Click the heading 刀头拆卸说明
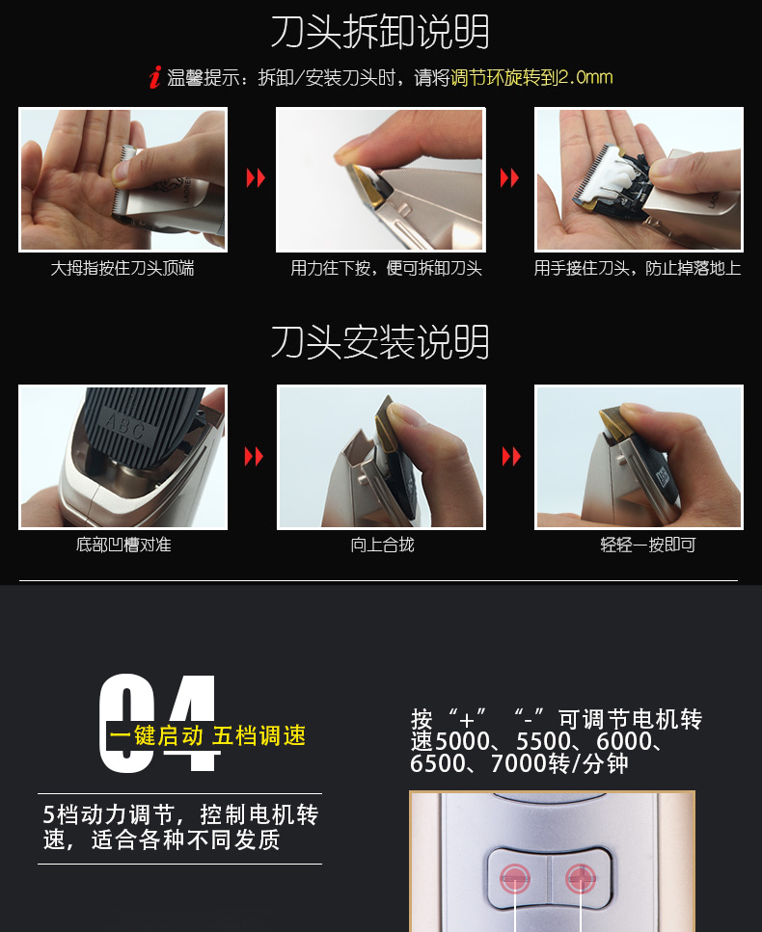(x=380, y=33)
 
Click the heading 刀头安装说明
(x=380, y=342)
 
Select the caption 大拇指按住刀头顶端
(x=122, y=269)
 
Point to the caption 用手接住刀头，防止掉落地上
(x=638, y=269)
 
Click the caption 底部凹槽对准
(x=123, y=546)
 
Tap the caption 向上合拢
(x=382, y=546)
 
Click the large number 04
(x=159, y=725)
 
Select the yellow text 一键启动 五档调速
(x=207, y=736)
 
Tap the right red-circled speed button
(x=580, y=878)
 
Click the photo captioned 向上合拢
(x=381, y=457)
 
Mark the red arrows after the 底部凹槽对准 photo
(x=254, y=457)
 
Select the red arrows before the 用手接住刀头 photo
(x=509, y=178)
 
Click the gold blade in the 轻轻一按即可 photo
(x=617, y=421)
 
